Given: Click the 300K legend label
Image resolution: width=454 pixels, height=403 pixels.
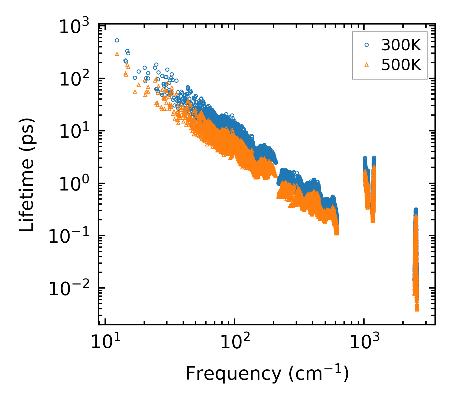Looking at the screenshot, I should click(x=401, y=46).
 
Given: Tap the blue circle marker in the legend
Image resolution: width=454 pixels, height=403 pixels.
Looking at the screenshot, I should click(x=366, y=45).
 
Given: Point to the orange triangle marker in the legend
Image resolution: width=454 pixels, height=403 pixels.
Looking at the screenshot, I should click(x=366, y=65).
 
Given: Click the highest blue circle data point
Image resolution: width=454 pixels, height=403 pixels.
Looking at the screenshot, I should click(x=117, y=40).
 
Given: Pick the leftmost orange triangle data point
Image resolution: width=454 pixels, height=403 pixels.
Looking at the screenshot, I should click(x=117, y=54).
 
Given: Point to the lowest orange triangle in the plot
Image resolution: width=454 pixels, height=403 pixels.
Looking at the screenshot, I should click(x=417, y=310).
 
